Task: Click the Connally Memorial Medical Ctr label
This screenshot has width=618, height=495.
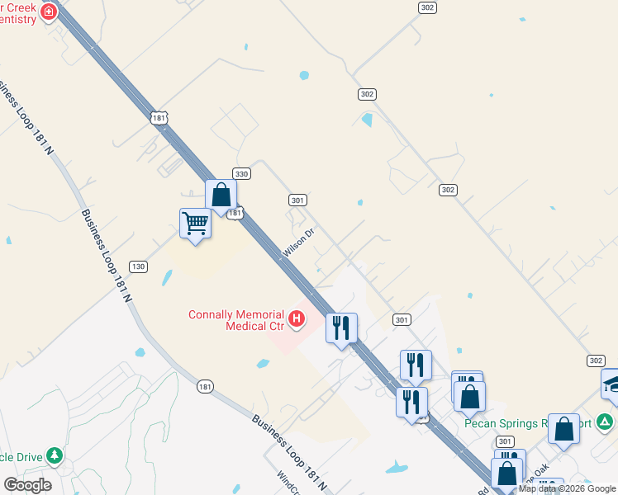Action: click(235, 319)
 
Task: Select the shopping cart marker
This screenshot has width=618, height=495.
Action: click(195, 224)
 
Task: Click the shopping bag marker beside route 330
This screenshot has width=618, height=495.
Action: click(221, 196)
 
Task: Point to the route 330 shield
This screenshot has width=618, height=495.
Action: click(241, 174)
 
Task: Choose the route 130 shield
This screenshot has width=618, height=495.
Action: click(138, 266)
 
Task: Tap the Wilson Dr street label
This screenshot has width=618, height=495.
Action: click(299, 243)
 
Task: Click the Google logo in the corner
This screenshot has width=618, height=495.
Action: click(27, 484)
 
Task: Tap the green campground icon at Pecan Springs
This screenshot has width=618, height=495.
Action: click(606, 422)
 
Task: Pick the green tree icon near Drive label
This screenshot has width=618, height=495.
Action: click(55, 455)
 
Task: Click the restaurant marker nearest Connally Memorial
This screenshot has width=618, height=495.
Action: click(341, 328)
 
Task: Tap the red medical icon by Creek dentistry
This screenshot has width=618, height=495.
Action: click(49, 12)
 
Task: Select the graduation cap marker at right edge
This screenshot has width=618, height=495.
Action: click(612, 383)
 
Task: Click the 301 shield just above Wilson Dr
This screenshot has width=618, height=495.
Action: click(298, 200)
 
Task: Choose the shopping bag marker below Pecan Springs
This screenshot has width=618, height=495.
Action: click(563, 429)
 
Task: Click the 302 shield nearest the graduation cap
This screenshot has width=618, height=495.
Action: click(597, 361)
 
